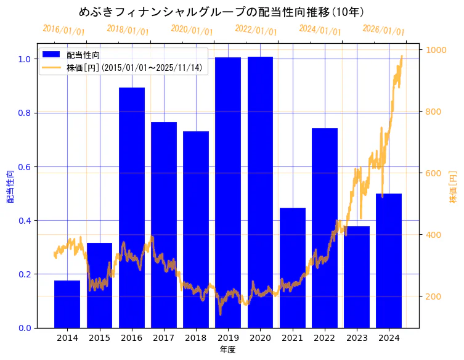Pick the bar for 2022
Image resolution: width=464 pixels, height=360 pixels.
point(325,228)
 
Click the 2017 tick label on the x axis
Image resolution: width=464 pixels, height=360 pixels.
point(164,338)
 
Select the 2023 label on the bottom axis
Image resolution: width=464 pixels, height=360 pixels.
point(357,338)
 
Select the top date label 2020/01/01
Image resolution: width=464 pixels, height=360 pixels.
point(192,30)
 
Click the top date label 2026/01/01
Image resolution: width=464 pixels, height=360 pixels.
point(383,30)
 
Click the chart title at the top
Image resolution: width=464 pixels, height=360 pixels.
point(222,12)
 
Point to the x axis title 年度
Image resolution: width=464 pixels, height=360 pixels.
point(228,350)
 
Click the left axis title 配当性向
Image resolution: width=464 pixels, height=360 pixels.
point(10,186)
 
